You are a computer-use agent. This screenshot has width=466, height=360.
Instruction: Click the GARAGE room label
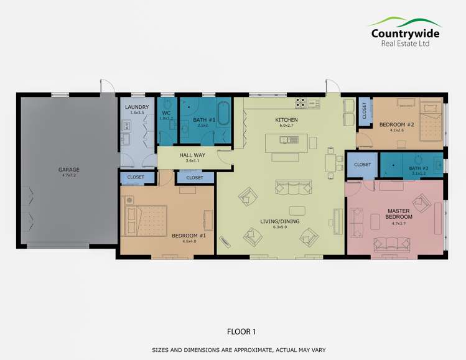click(x=69, y=169)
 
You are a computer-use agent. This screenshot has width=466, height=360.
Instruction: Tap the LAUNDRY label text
click(x=137, y=108)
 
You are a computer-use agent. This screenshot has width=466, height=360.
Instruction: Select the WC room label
click(x=166, y=113)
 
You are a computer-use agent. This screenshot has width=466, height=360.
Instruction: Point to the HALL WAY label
click(x=188, y=155)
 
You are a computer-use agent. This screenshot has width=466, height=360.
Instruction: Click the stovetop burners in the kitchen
click(x=301, y=102)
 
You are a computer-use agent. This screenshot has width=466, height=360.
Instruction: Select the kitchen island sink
click(x=284, y=140)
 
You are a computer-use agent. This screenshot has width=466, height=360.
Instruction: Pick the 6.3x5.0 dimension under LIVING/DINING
click(x=281, y=227)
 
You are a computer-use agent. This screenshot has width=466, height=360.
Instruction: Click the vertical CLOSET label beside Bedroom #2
click(x=365, y=109)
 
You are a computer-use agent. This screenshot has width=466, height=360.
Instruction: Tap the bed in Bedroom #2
click(x=429, y=125)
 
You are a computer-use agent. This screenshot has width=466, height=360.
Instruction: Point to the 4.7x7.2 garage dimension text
click(x=69, y=175)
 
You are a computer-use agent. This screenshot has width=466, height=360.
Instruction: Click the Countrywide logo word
click(x=405, y=34)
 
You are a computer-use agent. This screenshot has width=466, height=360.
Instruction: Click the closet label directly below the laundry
click(x=136, y=177)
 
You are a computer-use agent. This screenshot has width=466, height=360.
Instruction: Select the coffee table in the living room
click(x=297, y=210)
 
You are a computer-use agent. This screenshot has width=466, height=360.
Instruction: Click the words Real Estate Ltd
click(x=405, y=44)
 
